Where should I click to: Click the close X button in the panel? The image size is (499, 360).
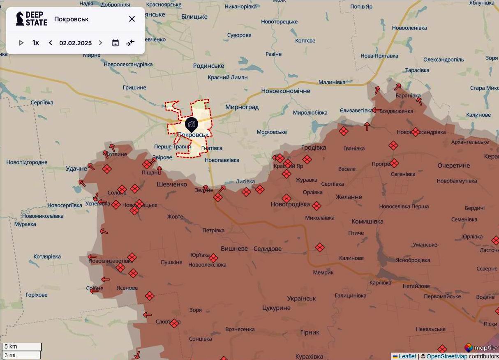click(x=132, y=19)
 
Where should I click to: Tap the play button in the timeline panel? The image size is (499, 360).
click(x=21, y=43)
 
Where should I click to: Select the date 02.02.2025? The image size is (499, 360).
click(x=75, y=43)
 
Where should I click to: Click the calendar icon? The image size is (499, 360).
click(x=116, y=43)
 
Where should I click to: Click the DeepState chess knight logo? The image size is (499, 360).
click(x=20, y=19)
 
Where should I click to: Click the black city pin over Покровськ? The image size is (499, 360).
click(x=192, y=124)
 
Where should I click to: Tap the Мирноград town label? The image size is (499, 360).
click(x=242, y=107)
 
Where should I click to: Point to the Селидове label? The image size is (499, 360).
click(x=268, y=249)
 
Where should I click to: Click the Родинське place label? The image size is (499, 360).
click(x=208, y=66)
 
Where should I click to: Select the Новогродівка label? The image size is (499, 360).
click(x=290, y=204)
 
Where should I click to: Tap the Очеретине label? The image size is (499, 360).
click(x=453, y=166)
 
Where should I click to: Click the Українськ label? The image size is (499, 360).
click(x=301, y=298)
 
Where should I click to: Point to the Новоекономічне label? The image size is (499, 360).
click(x=286, y=91)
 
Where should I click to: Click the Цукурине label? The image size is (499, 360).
click(x=276, y=308)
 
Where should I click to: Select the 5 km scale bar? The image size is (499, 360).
click(x=21, y=346)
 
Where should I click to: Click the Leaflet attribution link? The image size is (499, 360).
click(x=407, y=356)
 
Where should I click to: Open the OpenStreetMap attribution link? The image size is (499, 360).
click(x=446, y=356)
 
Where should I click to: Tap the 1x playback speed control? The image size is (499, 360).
click(x=36, y=43)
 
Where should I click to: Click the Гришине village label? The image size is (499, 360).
click(x=134, y=88)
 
